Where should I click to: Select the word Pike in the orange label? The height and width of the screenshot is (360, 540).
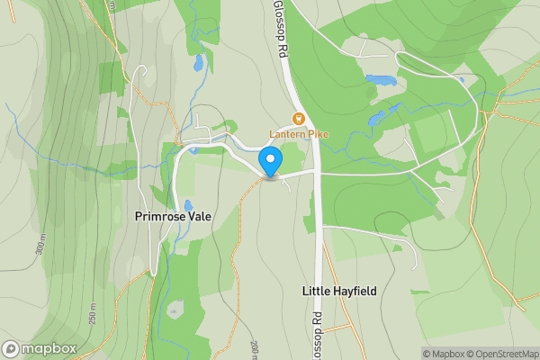pos(318,135)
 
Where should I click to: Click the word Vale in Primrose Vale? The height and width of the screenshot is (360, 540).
pos(197,216)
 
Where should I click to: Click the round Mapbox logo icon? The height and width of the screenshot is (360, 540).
pos(12,349)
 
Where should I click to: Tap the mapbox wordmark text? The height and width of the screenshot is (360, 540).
pos(49,349)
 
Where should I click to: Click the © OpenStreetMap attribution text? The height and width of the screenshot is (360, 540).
pos(505,354)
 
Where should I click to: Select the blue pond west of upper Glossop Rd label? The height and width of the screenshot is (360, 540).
pos(197,63)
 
